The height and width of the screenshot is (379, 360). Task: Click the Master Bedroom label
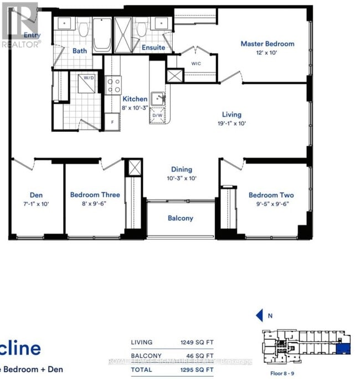coord(267,44)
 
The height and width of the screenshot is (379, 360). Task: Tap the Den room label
coord(37,195)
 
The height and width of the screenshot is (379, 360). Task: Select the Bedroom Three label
coord(95,195)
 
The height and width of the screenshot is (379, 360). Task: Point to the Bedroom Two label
coord(271,195)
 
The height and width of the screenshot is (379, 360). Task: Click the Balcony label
coord(181,218)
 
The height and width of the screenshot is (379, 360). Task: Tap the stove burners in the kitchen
coord(114,85)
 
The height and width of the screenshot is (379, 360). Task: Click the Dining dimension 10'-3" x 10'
coord(181,178)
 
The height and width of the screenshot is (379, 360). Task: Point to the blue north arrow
coord(259,316)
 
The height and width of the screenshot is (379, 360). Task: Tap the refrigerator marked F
coord(113,121)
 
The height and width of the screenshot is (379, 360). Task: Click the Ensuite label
coord(153,48)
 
